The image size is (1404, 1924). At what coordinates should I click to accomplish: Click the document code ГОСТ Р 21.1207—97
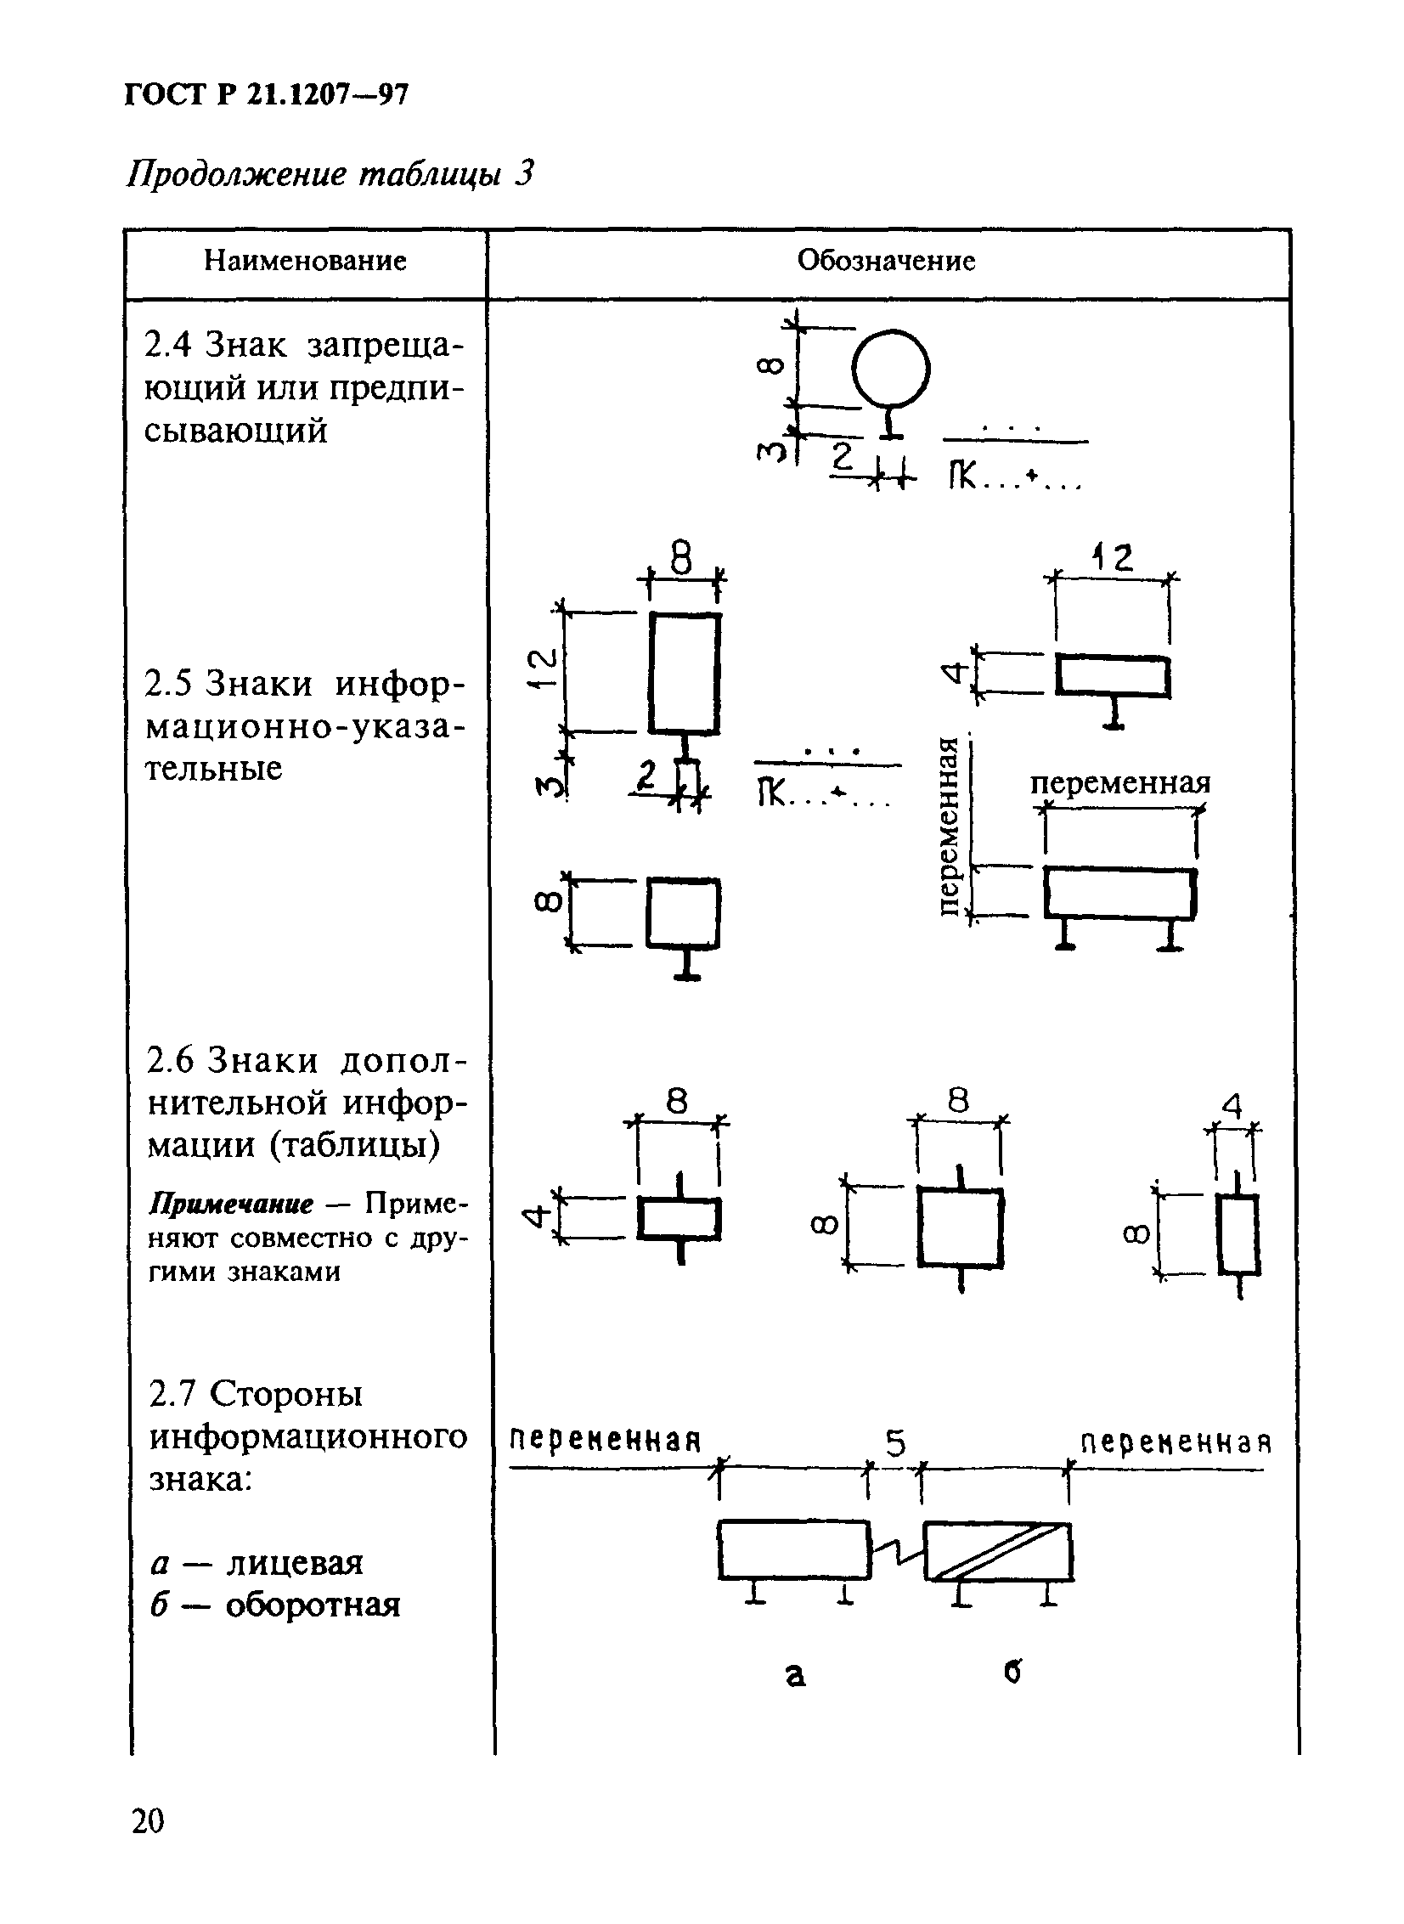(x=267, y=93)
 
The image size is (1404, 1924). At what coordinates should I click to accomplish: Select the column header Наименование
(x=305, y=261)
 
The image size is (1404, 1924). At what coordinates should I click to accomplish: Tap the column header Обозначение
(x=886, y=261)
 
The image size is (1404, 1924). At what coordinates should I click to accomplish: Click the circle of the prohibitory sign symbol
(x=891, y=370)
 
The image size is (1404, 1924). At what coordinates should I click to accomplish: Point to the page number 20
(x=149, y=1821)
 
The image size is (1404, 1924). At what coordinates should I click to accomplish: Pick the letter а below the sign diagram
(x=795, y=1673)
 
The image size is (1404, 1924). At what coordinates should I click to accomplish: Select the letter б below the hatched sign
(x=1012, y=1672)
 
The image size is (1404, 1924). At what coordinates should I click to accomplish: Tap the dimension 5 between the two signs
(x=896, y=1444)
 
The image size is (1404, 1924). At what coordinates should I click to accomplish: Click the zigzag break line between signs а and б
(x=897, y=1551)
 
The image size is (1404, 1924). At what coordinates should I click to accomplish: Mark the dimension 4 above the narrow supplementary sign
(x=1232, y=1107)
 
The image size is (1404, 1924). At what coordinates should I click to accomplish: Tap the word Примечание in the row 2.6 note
(x=231, y=1205)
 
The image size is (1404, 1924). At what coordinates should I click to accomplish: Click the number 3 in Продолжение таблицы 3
(x=524, y=173)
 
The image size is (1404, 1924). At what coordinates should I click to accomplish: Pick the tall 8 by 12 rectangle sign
(x=684, y=673)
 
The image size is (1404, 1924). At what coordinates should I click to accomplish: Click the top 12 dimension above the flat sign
(x=1114, y=558)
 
